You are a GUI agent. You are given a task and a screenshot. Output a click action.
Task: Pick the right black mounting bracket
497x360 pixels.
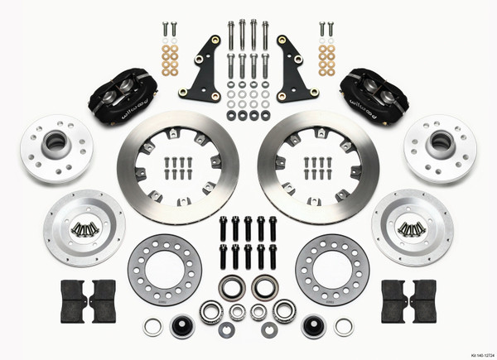pyautogui.click(x=296, y=66)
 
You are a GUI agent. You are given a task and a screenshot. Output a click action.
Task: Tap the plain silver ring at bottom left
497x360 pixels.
pyautogui.click(x=153, y=325)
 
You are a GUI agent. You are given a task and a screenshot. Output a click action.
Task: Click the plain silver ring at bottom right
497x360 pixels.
pyautogui.click(x=344, y=325)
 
